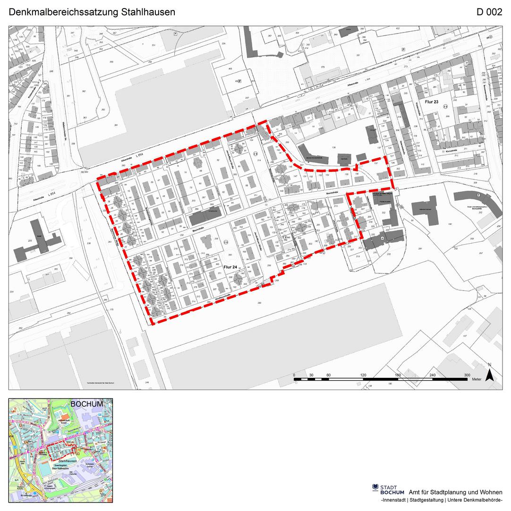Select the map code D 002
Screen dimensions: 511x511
(x=489, y=12)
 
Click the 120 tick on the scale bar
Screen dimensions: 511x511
(x=363, y=375)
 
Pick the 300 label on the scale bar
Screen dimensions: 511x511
(x=467, y=375)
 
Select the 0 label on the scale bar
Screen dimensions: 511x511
(x=294, y=375)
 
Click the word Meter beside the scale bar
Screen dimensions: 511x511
(x=476, y=379)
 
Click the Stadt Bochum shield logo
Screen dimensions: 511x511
(x=375, y=487)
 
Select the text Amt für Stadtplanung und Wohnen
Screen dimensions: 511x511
(x=455, y=492)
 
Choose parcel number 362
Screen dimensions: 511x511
(x=84, y=91)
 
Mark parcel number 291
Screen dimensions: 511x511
(x=419, y=248)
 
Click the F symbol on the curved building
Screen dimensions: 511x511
(x=478, y=195)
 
